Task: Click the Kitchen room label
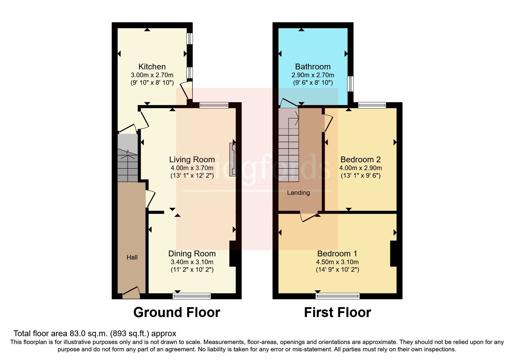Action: pos(152,66)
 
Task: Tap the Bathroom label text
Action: pos(313,66)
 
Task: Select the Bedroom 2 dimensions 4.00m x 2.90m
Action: pos(360,168)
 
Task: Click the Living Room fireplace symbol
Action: pos(232,159)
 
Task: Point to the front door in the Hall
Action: pos(131,292)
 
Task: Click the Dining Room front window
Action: pos(192,296)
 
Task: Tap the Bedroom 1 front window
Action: pos(338,296)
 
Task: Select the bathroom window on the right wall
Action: pos(351,84)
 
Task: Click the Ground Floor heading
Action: pos(176,312)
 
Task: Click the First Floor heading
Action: pos(337,312)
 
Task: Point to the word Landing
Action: pos(298,192)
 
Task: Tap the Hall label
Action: pos(132,257)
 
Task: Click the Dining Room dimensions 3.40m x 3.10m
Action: pos(192,262)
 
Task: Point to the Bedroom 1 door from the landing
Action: pos(309,218)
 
